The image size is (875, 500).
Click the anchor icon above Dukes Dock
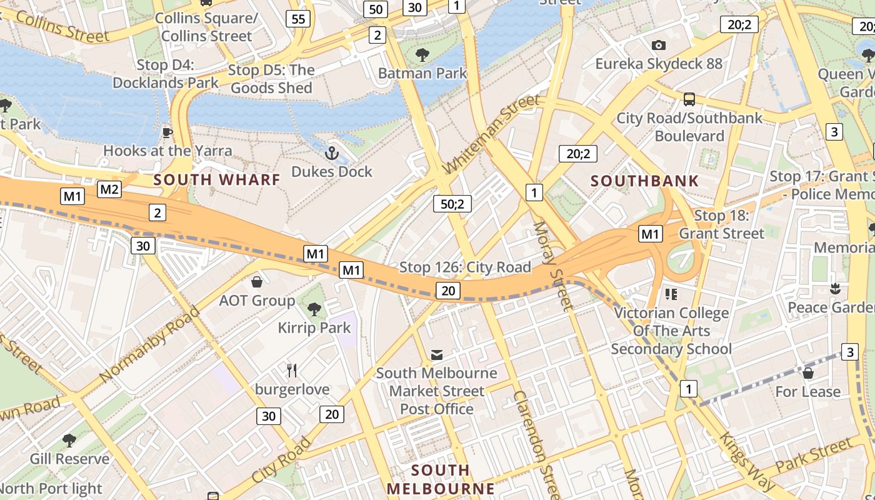tap(332, 152)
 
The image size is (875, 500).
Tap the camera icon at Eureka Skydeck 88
tap(658, 45)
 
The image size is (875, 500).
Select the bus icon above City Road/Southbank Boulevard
tap(689, 99)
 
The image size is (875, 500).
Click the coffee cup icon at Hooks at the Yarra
tap(167, 132)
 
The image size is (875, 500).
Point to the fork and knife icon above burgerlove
tap(292, 370)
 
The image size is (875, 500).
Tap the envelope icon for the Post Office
tap(437, 355)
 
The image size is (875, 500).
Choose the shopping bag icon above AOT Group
tap(256, 282)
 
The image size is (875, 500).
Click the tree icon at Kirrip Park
tap(314, 309)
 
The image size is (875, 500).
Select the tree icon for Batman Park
tap(422, 54)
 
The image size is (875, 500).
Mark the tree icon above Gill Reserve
tap(69, 440)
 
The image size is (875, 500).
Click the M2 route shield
tap(109, 189)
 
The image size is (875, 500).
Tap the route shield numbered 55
tap(298, 19)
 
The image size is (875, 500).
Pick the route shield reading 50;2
tap(452, 203)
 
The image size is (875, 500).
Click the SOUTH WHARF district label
tap(217, 180)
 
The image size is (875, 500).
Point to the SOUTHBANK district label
tap(644, 181)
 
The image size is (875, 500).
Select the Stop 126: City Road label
tap(465, 267)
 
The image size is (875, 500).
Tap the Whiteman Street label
tap(491, 134)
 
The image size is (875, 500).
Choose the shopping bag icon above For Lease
tap(807, 373)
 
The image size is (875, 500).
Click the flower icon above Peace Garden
tap(834, 288)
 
